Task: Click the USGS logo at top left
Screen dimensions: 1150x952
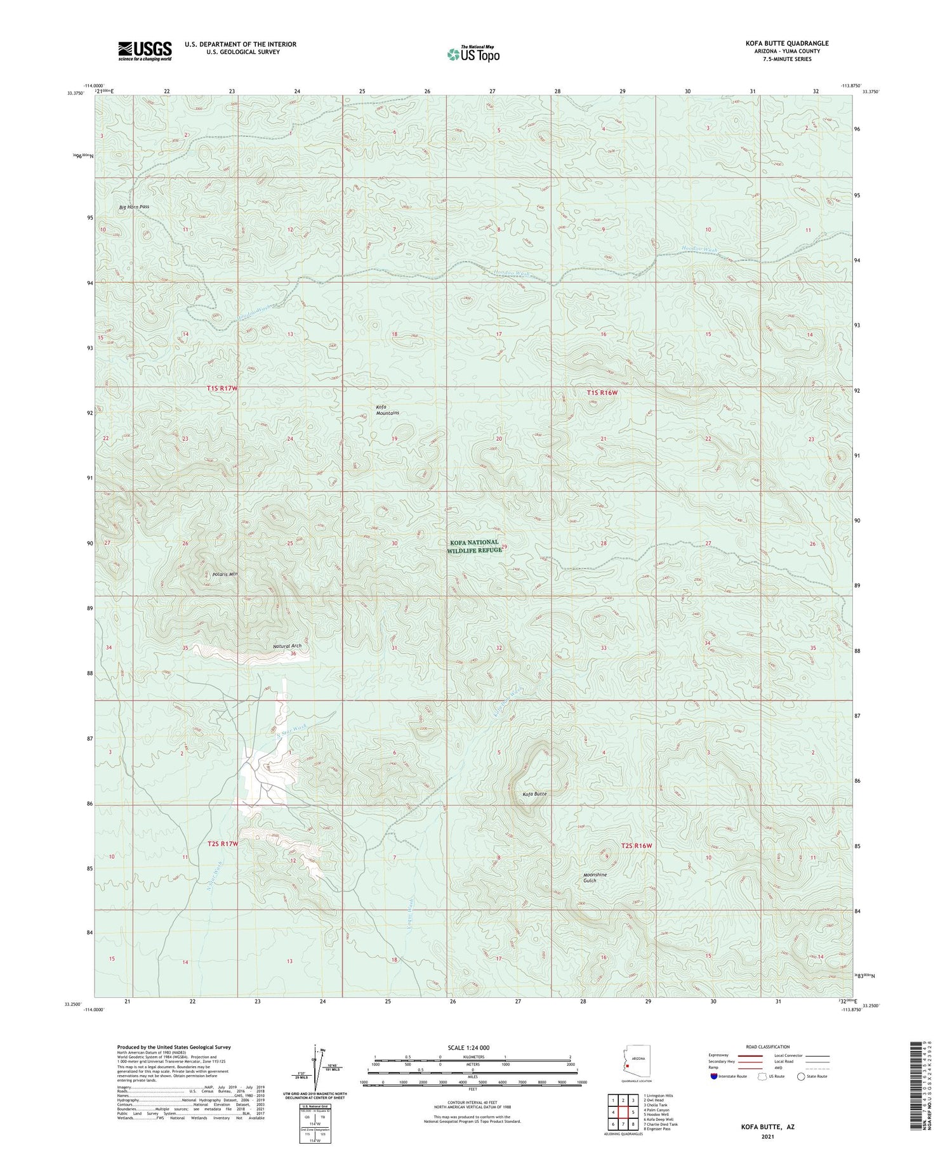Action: pos(145,51)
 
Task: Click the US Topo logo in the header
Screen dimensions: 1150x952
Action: pos(473,55)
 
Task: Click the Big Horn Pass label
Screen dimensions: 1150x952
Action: pos(134,207)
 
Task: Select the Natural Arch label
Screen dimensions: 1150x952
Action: pos(287,646)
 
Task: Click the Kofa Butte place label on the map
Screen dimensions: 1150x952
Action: pos(534,793)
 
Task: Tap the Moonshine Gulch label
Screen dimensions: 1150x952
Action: pos(595,877)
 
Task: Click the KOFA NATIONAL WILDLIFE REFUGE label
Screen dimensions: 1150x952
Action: pos(474,546)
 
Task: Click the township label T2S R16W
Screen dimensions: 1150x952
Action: pos(636,846)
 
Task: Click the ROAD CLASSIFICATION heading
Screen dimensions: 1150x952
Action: pos(768,1047)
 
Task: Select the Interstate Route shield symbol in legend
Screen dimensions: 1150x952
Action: pos(714,1076)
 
